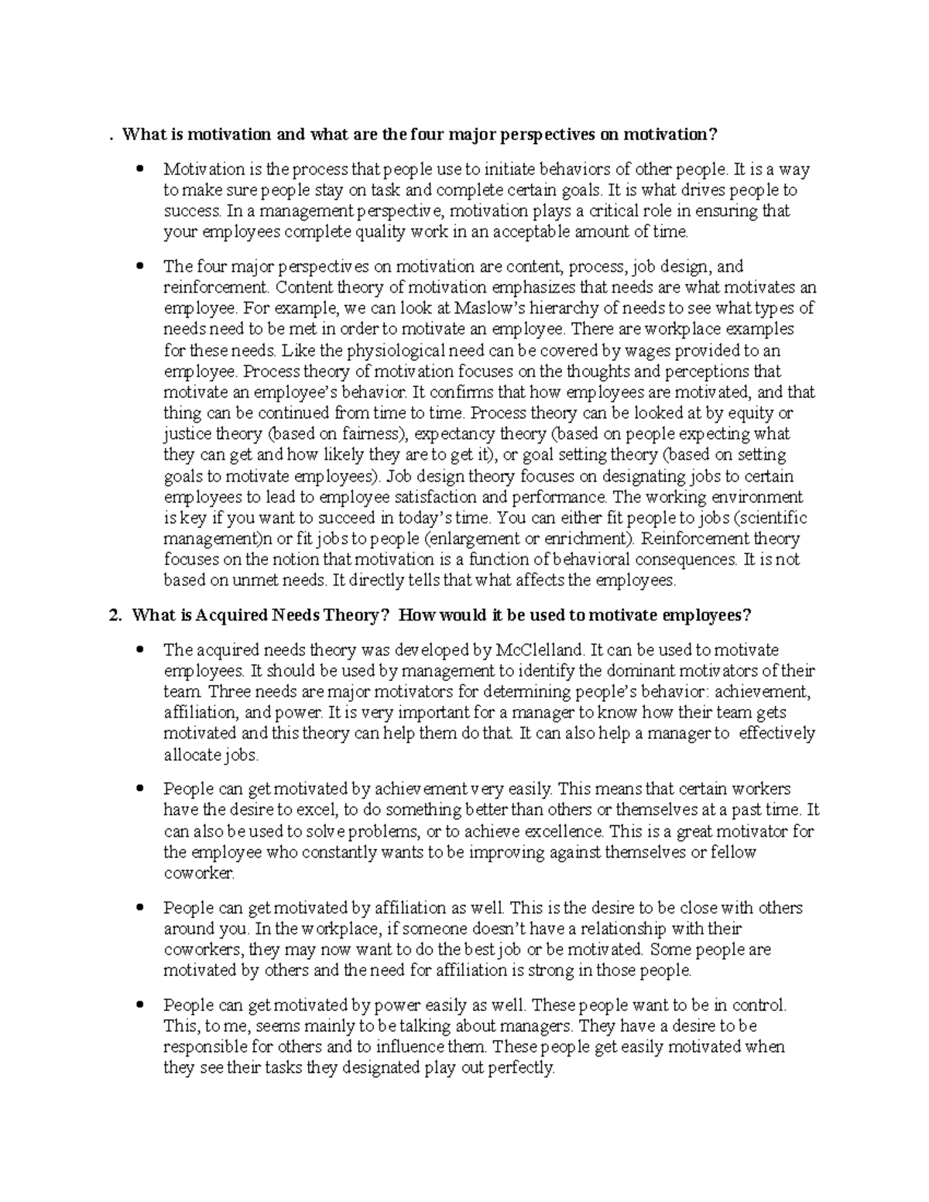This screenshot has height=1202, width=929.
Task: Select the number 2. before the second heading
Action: [x=115, y=615]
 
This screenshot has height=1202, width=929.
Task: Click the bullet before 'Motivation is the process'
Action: [x=140, y=169]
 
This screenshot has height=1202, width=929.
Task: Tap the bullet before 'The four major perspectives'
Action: [x=140, y=266]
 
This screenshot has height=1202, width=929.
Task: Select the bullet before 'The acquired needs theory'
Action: [x=140, y=649]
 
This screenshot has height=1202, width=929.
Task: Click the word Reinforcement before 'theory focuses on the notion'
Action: [x=693, y=538]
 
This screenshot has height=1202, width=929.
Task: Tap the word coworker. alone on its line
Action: [x=199, y=873]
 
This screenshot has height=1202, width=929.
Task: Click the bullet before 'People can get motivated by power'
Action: [x=140, y=1005]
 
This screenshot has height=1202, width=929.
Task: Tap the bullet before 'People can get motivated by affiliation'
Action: [x=140, y=908]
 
